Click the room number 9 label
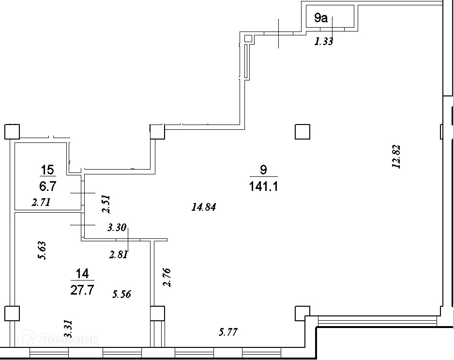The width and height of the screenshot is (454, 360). click(x=263, y=170)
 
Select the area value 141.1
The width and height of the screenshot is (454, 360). click(x=263, y=187)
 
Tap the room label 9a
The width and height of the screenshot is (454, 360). click(x=321, y=19)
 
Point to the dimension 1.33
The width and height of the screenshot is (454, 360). click(x=324, y=42)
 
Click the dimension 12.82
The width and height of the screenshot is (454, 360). click(x=398, y=157)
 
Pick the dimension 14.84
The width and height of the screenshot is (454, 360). click(x=203, y=207)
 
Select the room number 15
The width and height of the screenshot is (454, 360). click(x=47, y=170)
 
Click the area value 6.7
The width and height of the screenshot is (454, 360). click(x=47, y=186)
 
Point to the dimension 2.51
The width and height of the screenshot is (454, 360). click(x=106, y=204)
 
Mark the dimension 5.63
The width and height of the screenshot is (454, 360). click(x=42, y=251)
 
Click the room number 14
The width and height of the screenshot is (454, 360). click(x=82, y=274)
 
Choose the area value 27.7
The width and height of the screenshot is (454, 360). click(x=82, y=290)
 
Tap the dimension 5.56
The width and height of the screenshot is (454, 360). click(x=122, y=294)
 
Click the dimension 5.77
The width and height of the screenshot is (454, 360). click(x=229, y=332)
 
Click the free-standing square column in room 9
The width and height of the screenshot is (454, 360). click(x=302, y=131)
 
